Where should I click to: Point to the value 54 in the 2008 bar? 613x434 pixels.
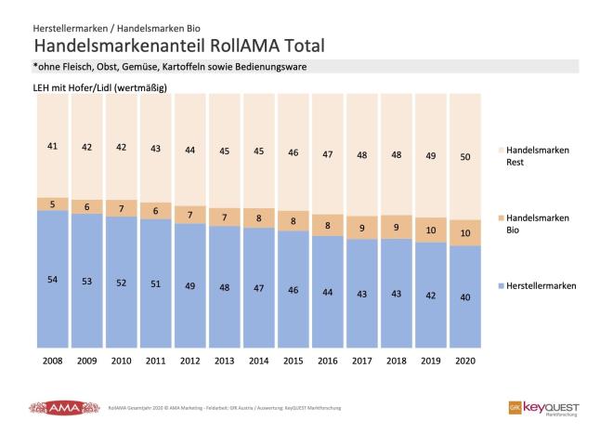pos(52,279)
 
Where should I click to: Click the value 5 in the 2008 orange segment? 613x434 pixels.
pos(52,204)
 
